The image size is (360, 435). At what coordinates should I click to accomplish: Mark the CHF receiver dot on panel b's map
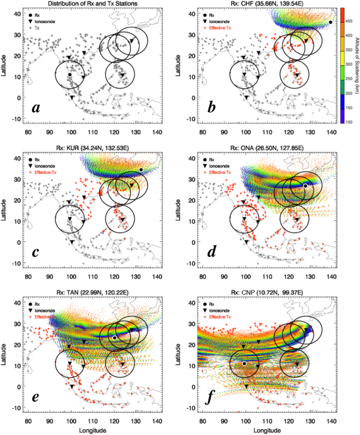pos(331,22)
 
